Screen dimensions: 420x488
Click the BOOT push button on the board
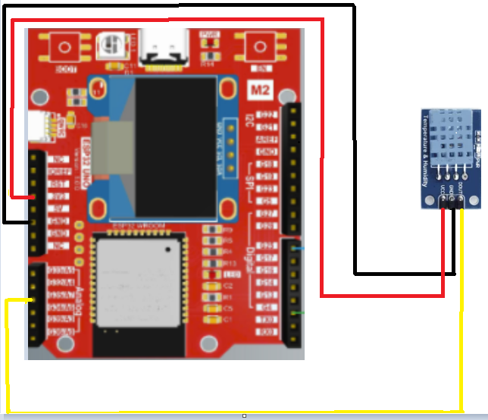click(x=62, y=48)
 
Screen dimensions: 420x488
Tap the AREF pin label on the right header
click(x=267, y=139)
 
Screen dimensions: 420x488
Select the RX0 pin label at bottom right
click(x=267, y=331)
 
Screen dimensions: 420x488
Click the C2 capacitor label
click(x=228, y=285)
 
